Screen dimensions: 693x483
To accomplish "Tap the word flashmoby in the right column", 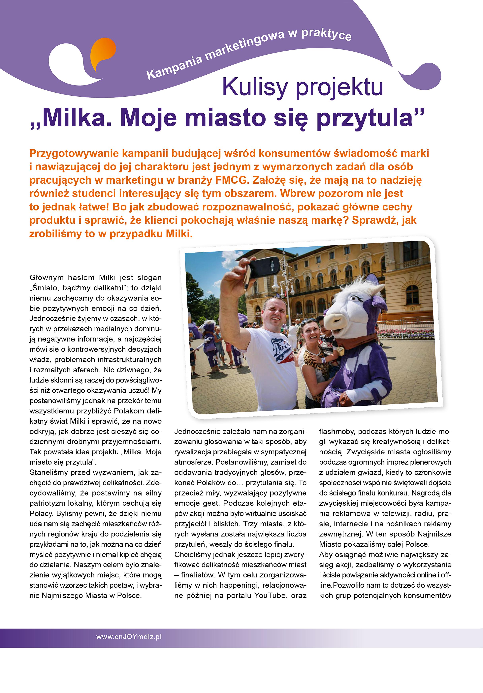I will pos(337,431).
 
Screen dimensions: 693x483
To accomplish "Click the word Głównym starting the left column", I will pos(47,277).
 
